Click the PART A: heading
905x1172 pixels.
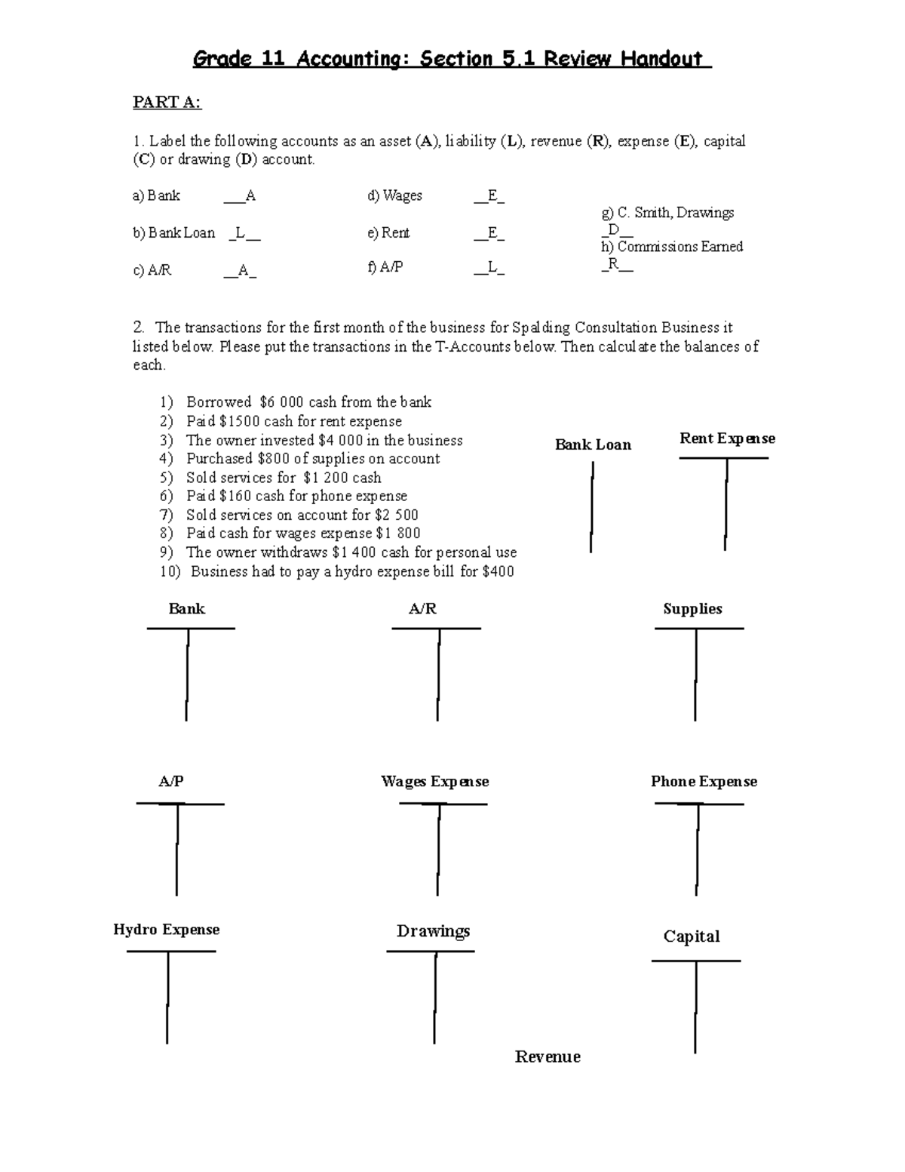click(x=167, y=103)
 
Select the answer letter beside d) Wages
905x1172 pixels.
click(x=492, y=196)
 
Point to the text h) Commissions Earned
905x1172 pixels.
click(x=672, y=247)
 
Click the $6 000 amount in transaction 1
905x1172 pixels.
click(x=281, y=402)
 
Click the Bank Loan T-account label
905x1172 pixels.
click(x=593, y=444)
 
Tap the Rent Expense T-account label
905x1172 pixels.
click(x=727, y=438)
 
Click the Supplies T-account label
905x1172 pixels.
click(x=692, y=609)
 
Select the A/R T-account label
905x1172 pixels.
click(x=422, y=609)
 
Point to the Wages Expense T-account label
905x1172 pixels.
click(x=435, y=782)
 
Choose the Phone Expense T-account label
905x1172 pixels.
click(x=704, y=782)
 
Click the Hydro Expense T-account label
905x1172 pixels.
click(x=167, y=930)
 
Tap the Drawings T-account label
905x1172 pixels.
click(x=433, y=931)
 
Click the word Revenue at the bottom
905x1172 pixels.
click(x=548, y=1057)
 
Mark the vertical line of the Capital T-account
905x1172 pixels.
click(x=695, y=1007)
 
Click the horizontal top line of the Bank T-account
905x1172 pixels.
click(x=191, y=628)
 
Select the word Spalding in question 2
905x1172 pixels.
click(x=541, y=328)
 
